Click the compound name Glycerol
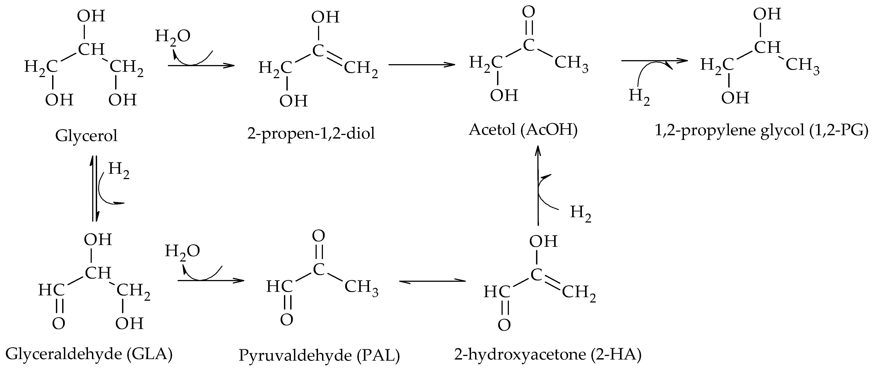[x=86, y=136]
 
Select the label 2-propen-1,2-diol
[x=311, y=133]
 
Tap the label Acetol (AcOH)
[x=523, y=130]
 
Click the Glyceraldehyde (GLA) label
[x=89, y=354]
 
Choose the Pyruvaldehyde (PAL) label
[x=319, y=355]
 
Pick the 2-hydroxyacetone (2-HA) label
[x=548, y=354]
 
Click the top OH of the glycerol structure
[x=91, y=16]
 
